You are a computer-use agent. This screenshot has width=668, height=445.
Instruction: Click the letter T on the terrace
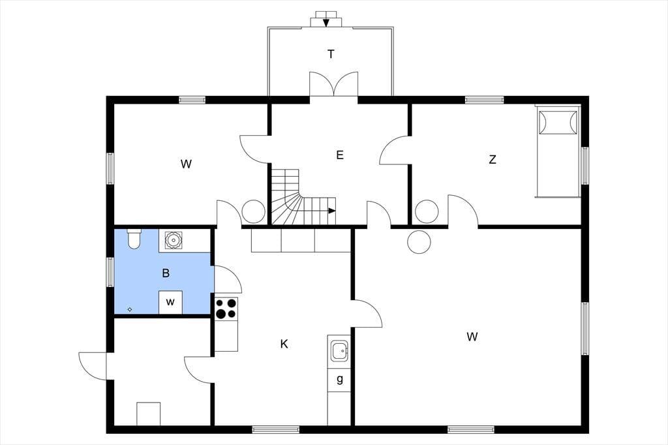(x=331, y=55)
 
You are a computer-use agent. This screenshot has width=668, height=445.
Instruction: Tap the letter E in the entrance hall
(x=339, y=155)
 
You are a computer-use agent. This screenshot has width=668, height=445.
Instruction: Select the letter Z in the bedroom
(x=493, y=160)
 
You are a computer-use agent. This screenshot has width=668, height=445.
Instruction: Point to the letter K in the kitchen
(x=284, y=344)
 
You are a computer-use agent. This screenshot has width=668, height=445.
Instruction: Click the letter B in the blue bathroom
(x=166, y=273)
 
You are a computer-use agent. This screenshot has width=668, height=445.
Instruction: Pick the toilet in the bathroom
(x=134, y=238)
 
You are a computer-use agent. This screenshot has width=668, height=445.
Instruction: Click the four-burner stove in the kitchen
(x=226, y=308)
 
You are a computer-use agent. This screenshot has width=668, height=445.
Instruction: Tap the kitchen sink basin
(x=339, y=351)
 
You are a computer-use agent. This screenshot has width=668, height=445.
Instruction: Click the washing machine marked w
(x=170, y=303)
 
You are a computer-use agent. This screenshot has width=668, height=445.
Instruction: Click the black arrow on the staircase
(x=332, y=211)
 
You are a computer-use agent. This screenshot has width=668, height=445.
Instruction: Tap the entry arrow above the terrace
(x=326, y=23)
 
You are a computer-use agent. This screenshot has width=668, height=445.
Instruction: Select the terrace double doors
(x=333, y=84)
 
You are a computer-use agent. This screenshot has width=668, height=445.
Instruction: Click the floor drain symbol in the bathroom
(x=130, y=309)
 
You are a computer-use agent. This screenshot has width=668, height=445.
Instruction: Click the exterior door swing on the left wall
(x=93, y=365)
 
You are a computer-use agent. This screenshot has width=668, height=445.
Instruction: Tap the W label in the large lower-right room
(x=472, y=337)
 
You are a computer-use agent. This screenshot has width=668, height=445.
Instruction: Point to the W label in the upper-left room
(x=186, y=164)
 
